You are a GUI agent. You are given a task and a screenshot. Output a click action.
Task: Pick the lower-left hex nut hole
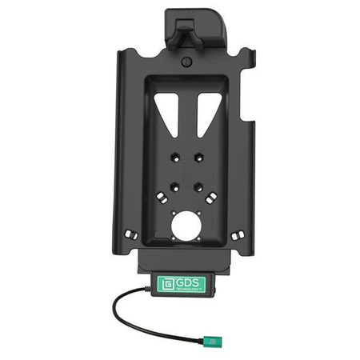(x=171, y=188)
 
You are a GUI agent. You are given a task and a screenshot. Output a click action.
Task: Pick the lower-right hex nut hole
(x=198, y=188)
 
